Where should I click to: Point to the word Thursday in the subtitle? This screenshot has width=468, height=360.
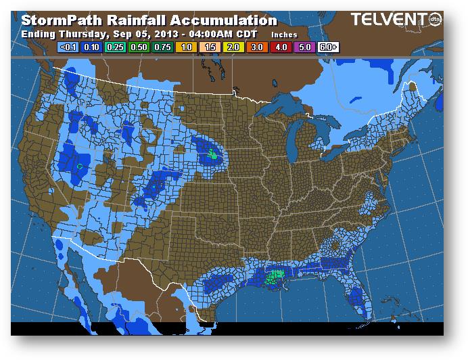(79, 33)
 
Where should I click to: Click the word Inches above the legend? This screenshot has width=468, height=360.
(285, 34)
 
